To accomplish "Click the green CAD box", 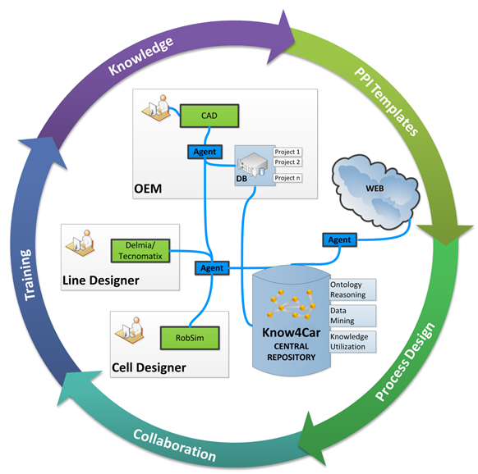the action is (x=209, y=116).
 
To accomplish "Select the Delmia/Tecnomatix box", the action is (x=140, y=251).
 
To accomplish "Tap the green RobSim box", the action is (x=190, y=338).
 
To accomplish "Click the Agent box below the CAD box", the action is (x=205, y=152).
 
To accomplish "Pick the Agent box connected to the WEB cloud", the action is (x=339, y=240).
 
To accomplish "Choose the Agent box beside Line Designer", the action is (x=212, y=268).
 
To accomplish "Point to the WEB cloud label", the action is (x=375, y=189).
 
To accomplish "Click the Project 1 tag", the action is (x=287, y=152).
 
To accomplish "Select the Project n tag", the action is (x=287, y=178).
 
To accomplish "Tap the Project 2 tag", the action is (x=287, y=162).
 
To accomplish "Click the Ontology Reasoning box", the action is (x=352, y=289).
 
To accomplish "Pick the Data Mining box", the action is (x=352, y=316).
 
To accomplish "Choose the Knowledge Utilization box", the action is (x=352, y=342).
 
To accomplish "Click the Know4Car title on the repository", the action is (x=291, y=333).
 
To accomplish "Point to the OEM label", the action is (x=148, y=189).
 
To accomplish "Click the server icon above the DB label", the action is (x=252, y=164).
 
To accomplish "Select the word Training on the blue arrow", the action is (x=28, y=275).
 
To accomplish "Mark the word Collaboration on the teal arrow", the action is (x=175, y=445).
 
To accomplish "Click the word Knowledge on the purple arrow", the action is (x=140, y=56).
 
